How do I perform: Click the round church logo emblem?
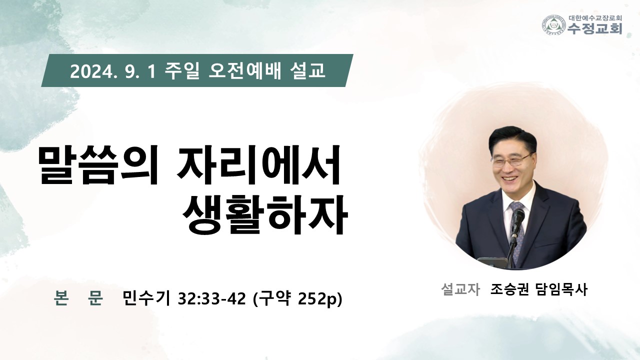(x=554, y=25)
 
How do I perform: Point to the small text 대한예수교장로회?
(x=595, y=17)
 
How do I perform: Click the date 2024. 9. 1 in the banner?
(x=113, y=71)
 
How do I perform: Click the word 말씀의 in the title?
(x=98, y=165)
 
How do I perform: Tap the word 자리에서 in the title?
(x=258, y=165)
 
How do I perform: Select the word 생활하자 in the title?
(x=265, y=214)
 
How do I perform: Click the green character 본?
(x=61, y=298)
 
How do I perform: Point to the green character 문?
(x=95, y=298)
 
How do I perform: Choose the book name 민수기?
(x=146, y=298)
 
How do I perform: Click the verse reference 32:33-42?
(x=211, y=299)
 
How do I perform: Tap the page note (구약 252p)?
(x=297, y=299)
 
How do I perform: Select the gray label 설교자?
(x=460, y=289)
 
